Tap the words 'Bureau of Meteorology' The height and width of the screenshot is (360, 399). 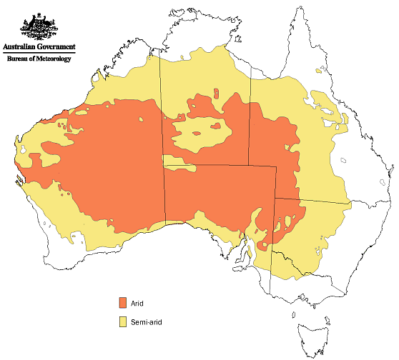click(39, 59)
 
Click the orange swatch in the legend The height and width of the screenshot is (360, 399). click(123, 304)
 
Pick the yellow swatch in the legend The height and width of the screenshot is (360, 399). click(123, 322)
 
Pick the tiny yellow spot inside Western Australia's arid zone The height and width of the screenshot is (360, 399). click(64, 128)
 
